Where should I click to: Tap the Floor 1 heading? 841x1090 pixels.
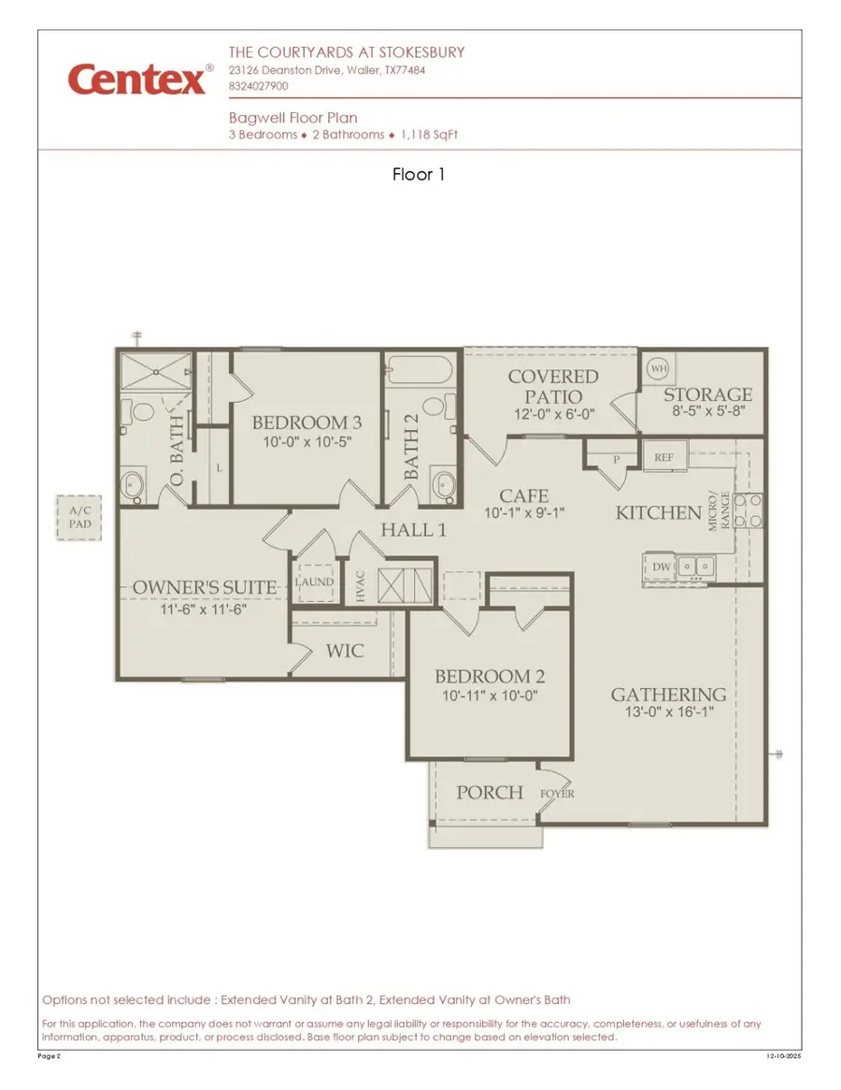[419, 174]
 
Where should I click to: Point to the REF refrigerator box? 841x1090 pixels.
[664, 457]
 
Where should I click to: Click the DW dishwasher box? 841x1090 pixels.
[661, 567]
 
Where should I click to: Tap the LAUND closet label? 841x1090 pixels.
[315, 581]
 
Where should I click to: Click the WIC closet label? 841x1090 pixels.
[345, 650]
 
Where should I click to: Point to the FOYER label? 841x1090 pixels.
[558, 794]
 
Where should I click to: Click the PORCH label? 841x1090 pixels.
[490, 793]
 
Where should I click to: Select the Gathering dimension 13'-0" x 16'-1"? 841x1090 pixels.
[668, 713]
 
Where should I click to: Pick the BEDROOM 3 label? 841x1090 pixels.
[306, 423]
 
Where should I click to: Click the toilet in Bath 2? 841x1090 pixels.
[433, 409]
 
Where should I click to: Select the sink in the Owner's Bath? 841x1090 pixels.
[133, 484]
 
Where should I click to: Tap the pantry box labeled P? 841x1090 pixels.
[618, 459]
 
